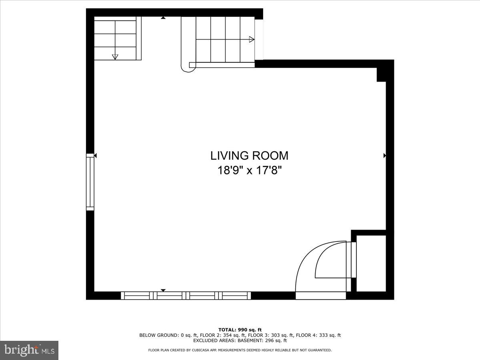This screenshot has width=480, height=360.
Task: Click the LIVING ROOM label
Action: [249, 156]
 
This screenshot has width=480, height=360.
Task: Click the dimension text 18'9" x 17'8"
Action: [250, 171]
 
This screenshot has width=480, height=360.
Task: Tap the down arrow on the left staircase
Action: [115, 56]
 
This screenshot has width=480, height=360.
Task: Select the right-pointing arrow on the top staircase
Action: [252, 39]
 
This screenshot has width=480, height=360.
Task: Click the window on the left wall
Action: [90, 182]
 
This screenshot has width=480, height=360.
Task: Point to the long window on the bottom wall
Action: [186, 296]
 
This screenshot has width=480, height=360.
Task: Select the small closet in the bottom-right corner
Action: [371, 263]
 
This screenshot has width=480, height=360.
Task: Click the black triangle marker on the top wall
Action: [163, 18]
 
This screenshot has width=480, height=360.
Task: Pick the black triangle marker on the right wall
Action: [385, 156]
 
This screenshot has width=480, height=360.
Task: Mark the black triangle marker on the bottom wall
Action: [163, 290]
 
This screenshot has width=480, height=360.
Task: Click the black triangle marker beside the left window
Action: [95, 156]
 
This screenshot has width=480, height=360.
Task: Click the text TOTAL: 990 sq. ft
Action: [240, 330]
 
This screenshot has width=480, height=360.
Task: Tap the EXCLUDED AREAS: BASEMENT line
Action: [240, 341]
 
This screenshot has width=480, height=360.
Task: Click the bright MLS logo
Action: [29, 350]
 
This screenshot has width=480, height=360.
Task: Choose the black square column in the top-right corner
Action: [381, 75]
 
